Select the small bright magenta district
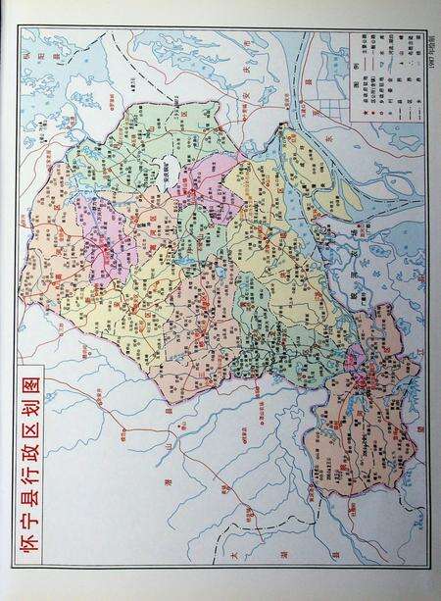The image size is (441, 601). (x=357, y=354)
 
